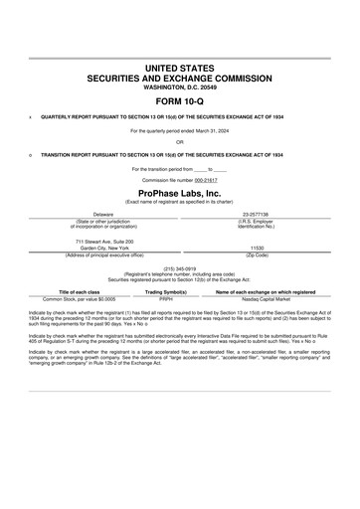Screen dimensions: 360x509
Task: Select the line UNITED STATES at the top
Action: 180,66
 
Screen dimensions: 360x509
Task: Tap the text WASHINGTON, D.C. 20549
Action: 180,85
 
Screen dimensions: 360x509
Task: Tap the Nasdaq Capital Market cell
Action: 266,298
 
